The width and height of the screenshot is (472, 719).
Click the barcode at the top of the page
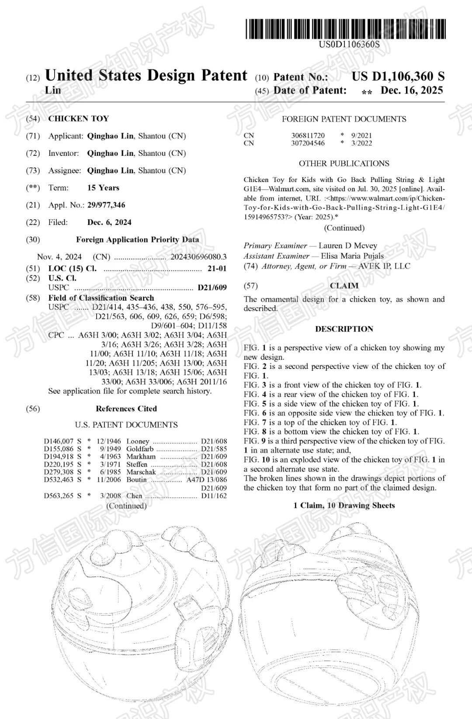[345, 29]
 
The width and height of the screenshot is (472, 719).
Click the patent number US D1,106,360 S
[398, 77]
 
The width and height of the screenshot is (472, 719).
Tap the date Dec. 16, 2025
[412, 91]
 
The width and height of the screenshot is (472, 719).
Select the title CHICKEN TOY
[79, 119]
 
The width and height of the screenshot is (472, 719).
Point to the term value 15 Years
[103, 188]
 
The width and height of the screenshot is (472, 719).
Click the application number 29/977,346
[106, 205]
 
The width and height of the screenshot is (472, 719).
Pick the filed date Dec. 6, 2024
[109, 222]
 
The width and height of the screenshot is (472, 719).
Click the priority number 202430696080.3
[198, 257]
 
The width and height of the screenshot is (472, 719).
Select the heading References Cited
[126, 409]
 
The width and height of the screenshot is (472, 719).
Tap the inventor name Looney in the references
[138, 441]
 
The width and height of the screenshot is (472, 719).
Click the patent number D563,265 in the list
[59, 496]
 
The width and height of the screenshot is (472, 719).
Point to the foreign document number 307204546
[308, 143]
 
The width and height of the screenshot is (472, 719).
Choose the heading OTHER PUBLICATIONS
[344, 164]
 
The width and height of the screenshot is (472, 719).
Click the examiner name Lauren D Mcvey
[347, 246]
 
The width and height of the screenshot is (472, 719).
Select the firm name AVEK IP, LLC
[385, 266]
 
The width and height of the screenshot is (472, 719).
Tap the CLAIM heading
[344, 286]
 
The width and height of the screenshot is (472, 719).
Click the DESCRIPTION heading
[344, 329]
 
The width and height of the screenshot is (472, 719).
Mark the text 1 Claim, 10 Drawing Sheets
[344, 505]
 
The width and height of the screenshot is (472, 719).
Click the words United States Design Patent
[146, 76]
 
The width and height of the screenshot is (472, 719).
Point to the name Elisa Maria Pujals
[352, 256]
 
